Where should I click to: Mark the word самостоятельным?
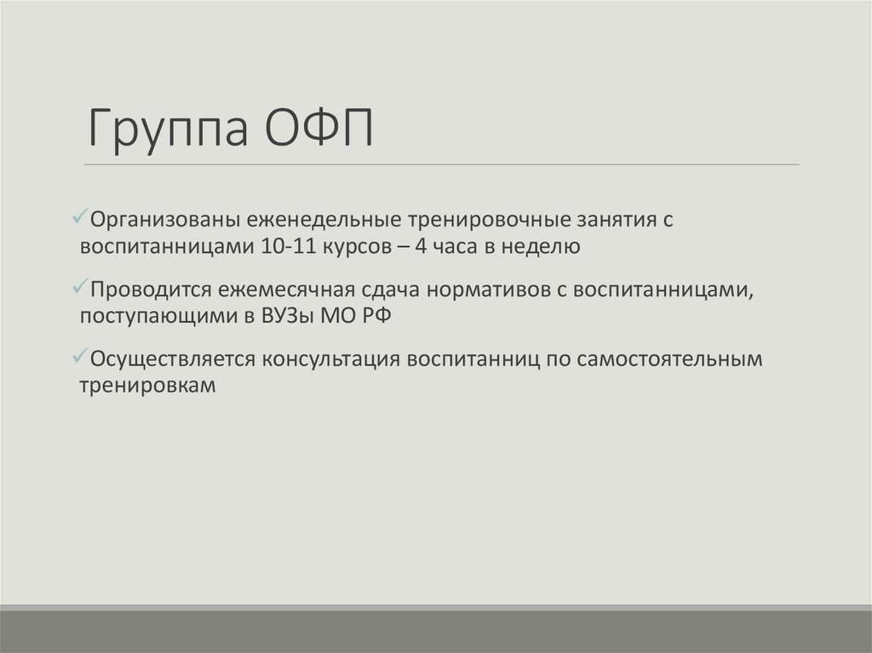click(x=668, y=359)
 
